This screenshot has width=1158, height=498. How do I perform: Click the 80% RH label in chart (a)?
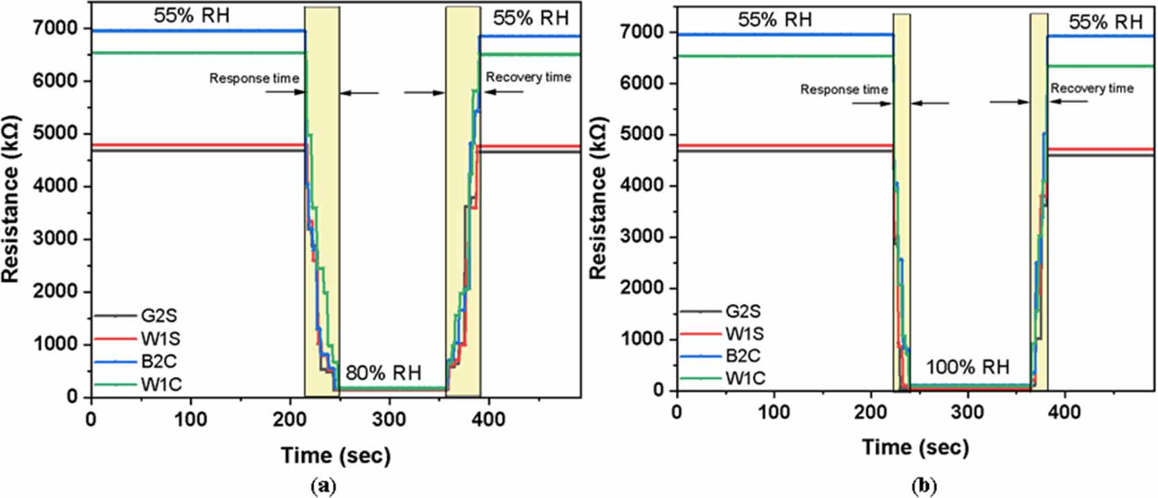pyautogui.click(x=383, y=372)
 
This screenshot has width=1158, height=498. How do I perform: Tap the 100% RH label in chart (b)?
pyautogui.click(x=967, y=367)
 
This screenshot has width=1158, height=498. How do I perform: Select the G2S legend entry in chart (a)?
pyautogui.click(x=137, y=315)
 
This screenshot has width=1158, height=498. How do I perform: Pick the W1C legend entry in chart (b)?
pyautogui.click(x=723, y=378)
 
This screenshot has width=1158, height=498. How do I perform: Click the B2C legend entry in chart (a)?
pyautogui.click(x=137, y=361)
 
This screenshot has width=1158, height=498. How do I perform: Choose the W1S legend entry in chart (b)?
pyautogui.click(x=722, y=333)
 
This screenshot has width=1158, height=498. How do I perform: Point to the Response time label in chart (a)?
pyautogui.click(x=254, y=79)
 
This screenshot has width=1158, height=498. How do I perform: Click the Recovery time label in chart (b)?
pyautogui.click(x=1092, y=88)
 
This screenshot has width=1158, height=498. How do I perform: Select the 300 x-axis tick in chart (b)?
pyautogui.click(x=967, y=411)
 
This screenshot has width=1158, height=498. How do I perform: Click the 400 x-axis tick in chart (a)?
pyautogui.click(x=488, y=419)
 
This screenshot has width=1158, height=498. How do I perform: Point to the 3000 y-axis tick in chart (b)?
pyautogui.click(x=643, y=237)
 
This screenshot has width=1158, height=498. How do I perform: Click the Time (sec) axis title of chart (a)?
pyautogui.click(x=336, y=455)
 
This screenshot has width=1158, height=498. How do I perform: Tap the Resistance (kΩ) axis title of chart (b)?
pyautogui.click(x=597, y=198)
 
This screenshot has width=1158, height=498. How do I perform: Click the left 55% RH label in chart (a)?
pyautogui.click(x=191, y=15)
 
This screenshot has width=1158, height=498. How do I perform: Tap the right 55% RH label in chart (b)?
pyautogui.click(x=1106, y=22)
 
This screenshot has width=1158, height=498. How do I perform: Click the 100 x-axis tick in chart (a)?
pyautogui.click(x=191, y=419)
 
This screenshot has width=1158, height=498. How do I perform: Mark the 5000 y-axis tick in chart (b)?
pyautogui.click(x=643, y=134)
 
